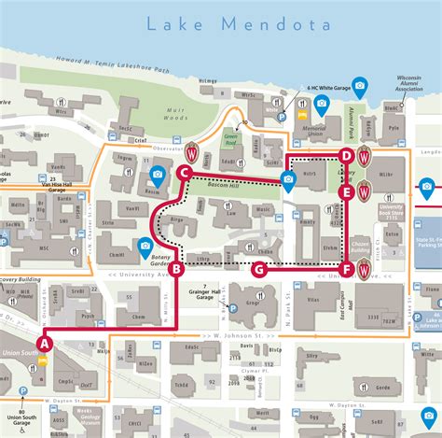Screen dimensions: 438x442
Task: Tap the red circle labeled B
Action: click(x=175, y=270)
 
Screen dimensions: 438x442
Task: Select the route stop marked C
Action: click(x=185, y=173)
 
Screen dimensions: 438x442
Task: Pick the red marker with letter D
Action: click(x=346, y=156)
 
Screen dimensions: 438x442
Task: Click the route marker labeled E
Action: click(x=346, y=193)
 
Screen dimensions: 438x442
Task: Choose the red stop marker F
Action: click(x=347, y=270)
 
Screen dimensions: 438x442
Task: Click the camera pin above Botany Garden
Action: click(x=145, y=247)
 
